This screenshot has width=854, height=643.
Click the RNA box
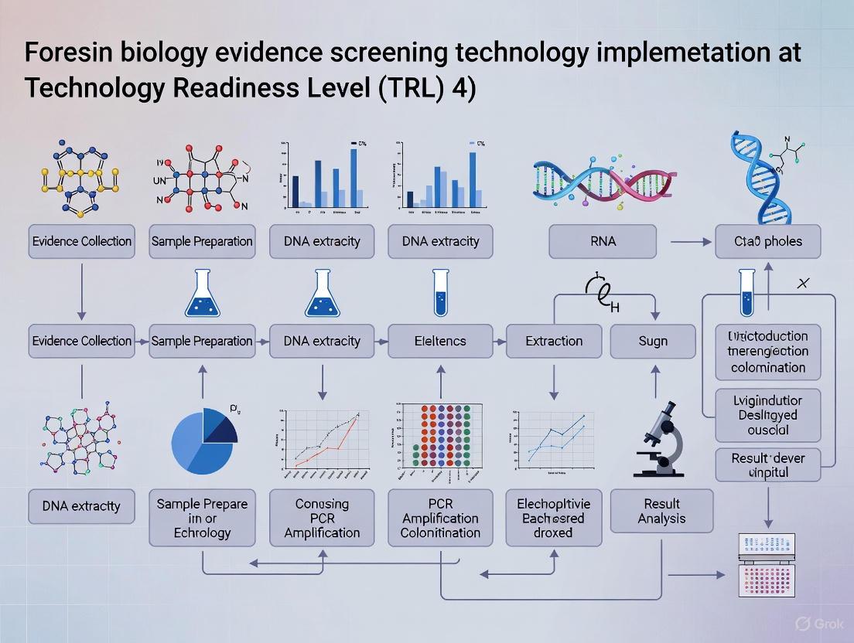pyautogui.click(x=603, y=241)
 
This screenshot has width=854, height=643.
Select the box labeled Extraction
pyautogui.click(x=554, y=341)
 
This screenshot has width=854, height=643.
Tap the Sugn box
pyautogui.click(x=653, y=341)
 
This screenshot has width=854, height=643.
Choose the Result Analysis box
pyautogui.click(x=661, y=511)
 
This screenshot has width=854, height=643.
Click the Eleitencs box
pyautogui.click(x=440, y=341)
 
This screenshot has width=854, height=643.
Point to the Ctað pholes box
pyautogui.click(x=767, y=241)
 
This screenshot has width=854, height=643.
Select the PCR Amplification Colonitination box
pyautogui.click(x=440, y=518)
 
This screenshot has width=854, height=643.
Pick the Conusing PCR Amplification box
pyautogui.click(x=322, y=518)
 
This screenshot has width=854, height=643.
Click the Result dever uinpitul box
pyautogui.click(x=767, y=464)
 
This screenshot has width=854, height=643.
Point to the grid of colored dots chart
pyautogui.click(x=439, y=437)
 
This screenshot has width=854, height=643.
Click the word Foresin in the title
pyautogui.click(x=70, y=53)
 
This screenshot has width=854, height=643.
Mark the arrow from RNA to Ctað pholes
pyautogui.click(x=691, y=242)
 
